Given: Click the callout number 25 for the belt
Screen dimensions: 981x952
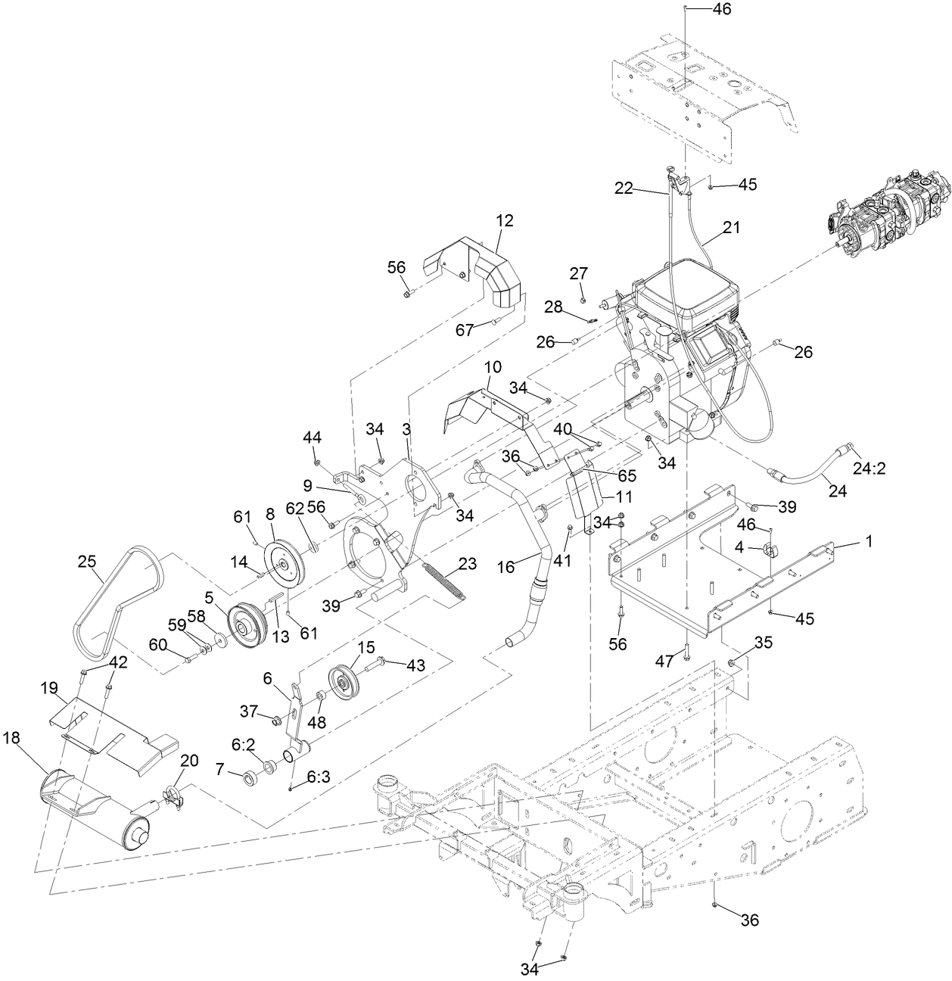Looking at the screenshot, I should pyautogui.click(x=87, y=562).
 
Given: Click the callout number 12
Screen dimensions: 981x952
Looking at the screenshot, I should pyautogui.click(x=505, y=221).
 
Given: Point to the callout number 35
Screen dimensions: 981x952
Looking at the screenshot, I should pyautogui.click(x=764, y=643).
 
